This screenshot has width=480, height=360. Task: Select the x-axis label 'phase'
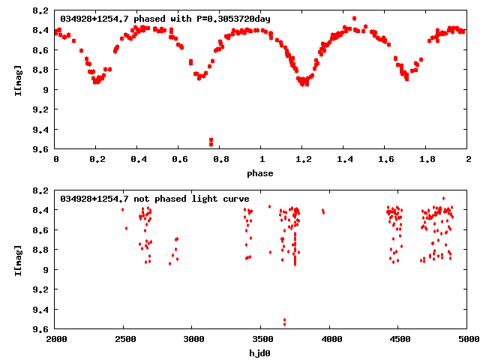click(261, 173)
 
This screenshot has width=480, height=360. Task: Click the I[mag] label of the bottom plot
click(17, 259)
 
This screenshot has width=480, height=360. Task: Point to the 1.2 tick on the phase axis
click(302, 160)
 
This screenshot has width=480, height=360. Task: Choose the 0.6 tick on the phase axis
click(179, 160)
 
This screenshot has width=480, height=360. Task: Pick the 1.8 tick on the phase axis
click(426, 160)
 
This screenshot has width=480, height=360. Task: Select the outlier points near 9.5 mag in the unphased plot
click(284, 322)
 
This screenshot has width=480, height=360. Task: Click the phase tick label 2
click(467, 160)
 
